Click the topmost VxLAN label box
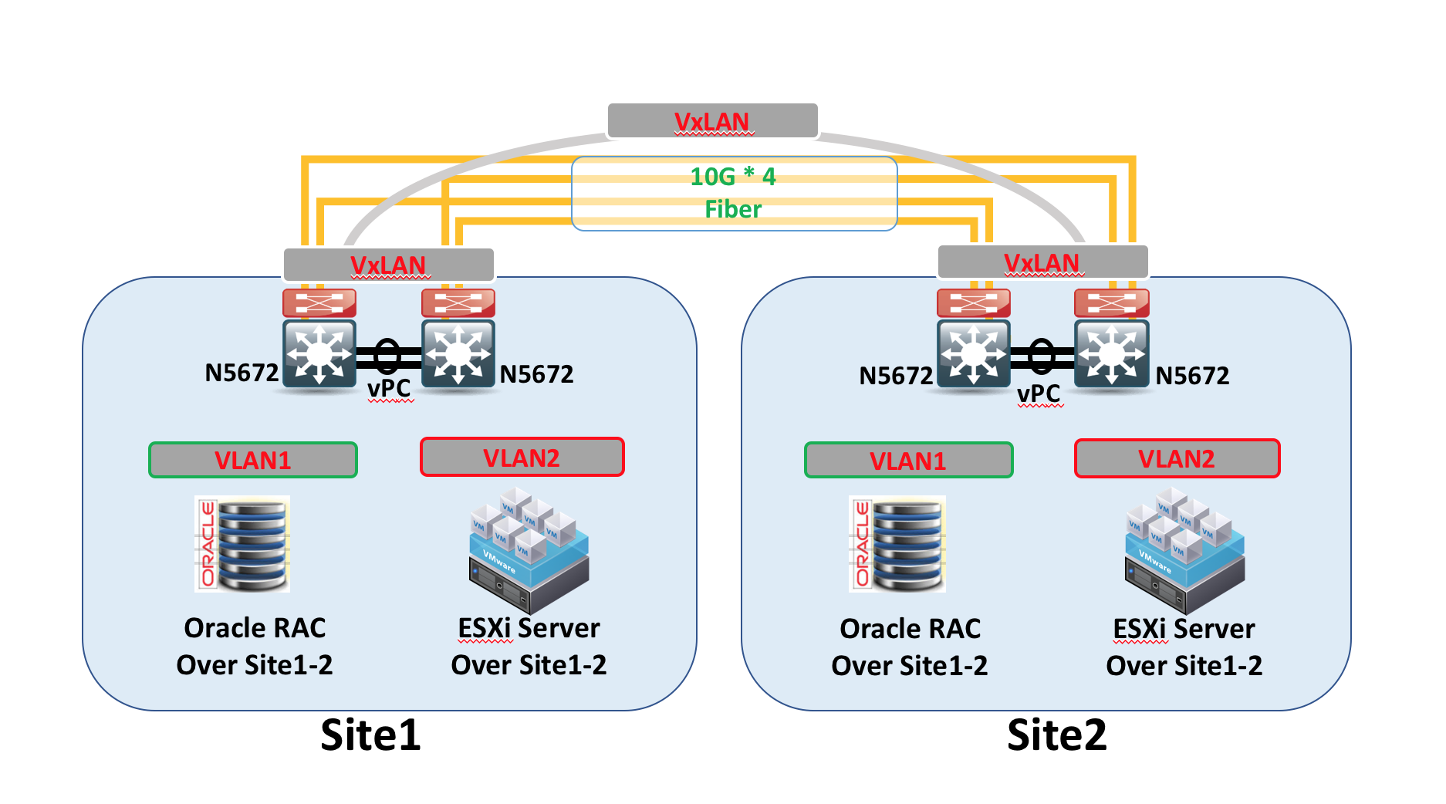(x=711, y=121)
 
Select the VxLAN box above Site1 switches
(x=388, y=265)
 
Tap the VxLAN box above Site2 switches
(x=1042, y=262)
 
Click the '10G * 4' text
(x=732, y=177)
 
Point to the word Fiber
(x=732, y=209)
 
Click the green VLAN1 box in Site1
(x=252, y=460)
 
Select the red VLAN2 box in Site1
(x=522, y=458)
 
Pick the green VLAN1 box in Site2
(x=907, y=461)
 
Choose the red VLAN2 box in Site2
(x=1176, y=458)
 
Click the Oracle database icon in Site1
(x=242, y=544)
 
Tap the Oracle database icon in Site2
(x=897, y=544)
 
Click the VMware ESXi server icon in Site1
(x=529, y=549)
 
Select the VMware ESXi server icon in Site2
(x=1184, y=549)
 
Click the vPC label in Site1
(x=389, y=388)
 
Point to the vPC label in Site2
(x=1039, y=394)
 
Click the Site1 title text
(x=370, y=735)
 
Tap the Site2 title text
(x=1056, y=735)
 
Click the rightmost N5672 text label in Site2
(x=1192, y=376)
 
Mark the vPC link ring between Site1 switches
(x=387, y=356)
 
